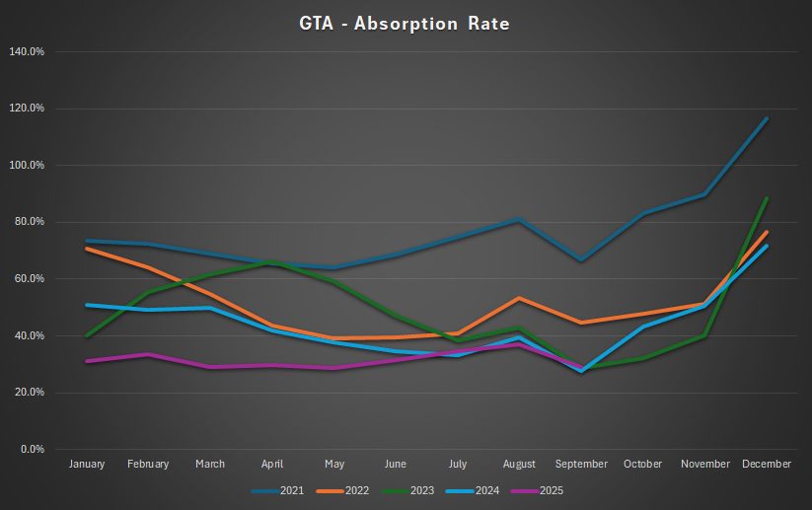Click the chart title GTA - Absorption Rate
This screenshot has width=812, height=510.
pyautogui.click(x=406, y=22)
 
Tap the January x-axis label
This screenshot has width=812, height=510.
pyautogui.click(x=87, y=465)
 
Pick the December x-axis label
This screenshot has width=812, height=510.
pyautogui.click(x=767, y=465)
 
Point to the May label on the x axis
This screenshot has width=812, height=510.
pyautogui.click(x=333, y=465)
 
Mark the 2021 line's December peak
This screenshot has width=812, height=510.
pyautogui.click(x=767, y=118)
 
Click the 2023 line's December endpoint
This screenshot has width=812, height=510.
pyautogui.click(x=767, y=198)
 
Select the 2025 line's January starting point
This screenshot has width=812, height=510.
pyautogui.click(x=87, y=361)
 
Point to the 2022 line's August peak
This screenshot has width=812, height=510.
pyautogui.click(x=519, y=298)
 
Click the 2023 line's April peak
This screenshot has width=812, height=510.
pyautogui.click(x=272, y=261)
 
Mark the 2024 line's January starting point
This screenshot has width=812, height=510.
pyautogui.click(x=87, y=305)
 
